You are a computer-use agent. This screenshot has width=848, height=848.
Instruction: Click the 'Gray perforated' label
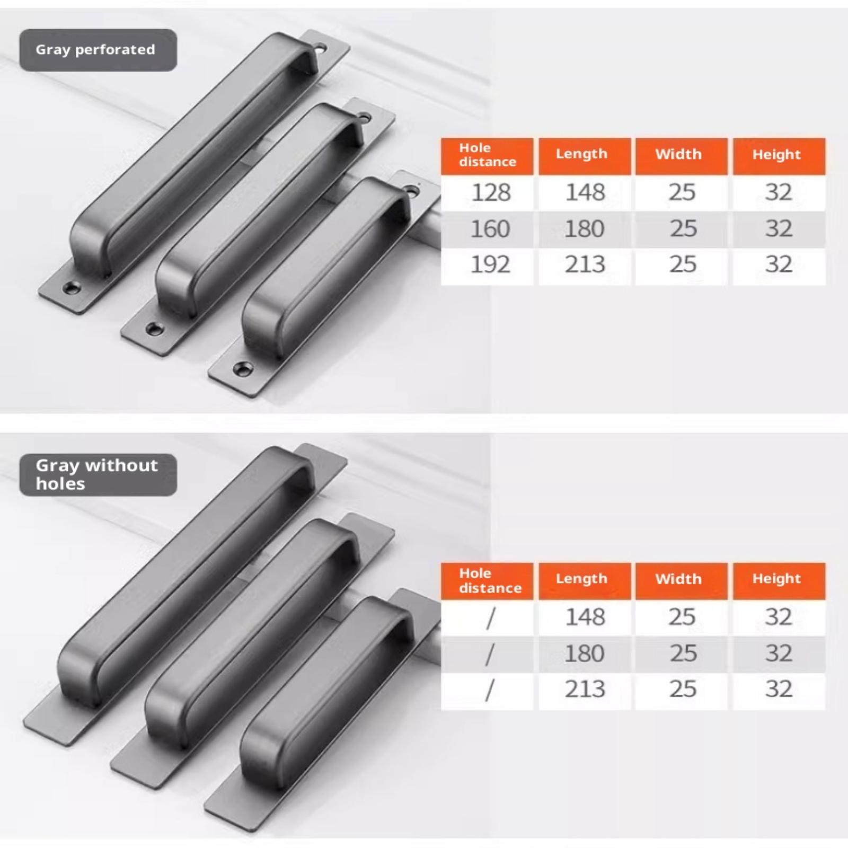tap(95, 50)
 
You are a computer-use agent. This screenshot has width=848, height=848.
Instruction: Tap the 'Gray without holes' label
tap(97, 474)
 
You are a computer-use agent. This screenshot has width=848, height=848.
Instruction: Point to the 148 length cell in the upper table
tap(585, 192)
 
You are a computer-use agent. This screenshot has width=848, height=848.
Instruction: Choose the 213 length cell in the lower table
tap(585, 689)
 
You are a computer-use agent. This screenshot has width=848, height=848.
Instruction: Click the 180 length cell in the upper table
tap(585, 229)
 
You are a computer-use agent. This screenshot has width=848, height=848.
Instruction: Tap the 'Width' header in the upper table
tap(678, 154)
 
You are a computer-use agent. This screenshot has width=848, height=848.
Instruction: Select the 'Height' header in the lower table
tap(776, 579)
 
